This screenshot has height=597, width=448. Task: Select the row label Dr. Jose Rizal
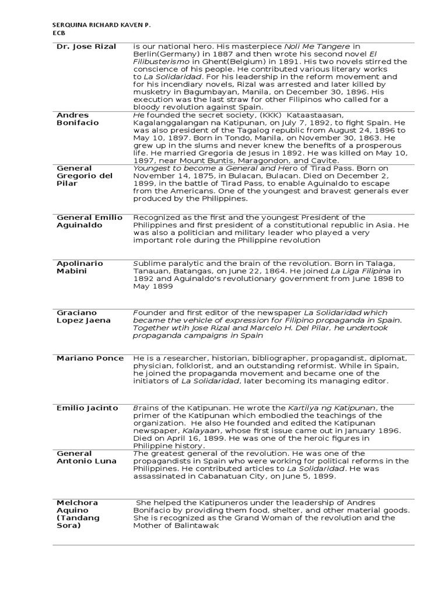point(86,46)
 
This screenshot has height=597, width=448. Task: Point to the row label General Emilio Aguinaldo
point(89,221)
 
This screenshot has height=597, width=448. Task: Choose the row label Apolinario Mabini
point(79,267)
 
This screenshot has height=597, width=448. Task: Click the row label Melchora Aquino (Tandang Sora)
point(78,514)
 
